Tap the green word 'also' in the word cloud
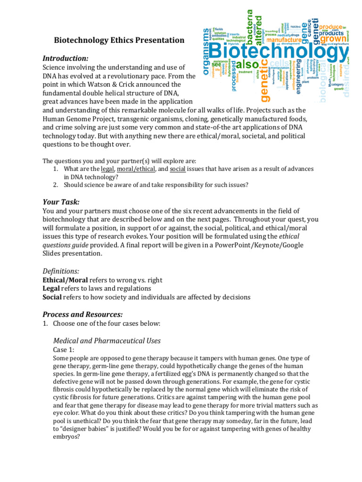pos(247,64)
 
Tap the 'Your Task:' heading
pos(61,202)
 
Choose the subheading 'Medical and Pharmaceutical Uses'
pos(107,341)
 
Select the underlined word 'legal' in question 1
pos(107,169)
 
